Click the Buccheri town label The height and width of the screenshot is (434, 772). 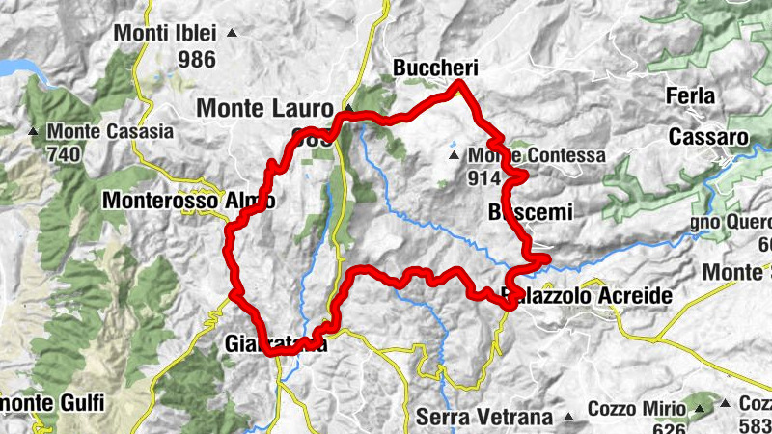436,68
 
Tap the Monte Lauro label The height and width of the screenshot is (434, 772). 264,108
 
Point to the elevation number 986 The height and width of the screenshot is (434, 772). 196,59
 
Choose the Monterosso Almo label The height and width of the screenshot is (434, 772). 188,202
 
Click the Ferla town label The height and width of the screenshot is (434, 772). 690,96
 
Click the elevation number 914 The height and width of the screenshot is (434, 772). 482,177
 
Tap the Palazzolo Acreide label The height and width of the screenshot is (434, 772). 586,295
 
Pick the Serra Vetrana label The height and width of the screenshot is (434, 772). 485,418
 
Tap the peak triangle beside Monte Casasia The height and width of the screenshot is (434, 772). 34,131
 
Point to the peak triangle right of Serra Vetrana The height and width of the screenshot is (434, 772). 569,418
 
